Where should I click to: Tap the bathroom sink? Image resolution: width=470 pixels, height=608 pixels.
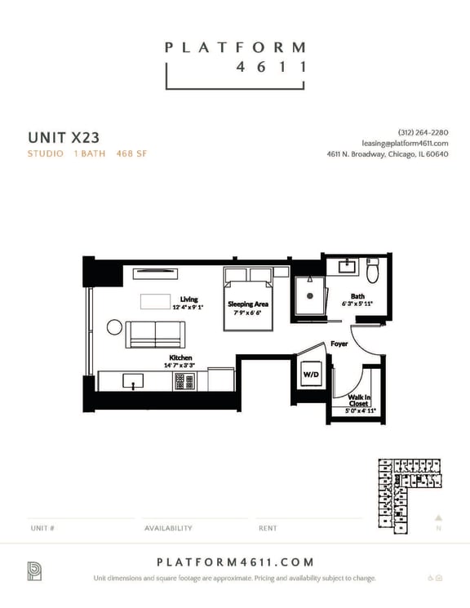[346, 266]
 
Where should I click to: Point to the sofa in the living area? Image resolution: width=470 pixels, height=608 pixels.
[157, 332]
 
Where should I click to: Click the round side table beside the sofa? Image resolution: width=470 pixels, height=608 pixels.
[114, 327]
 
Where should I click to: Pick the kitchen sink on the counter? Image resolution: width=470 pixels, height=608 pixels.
[132, 381]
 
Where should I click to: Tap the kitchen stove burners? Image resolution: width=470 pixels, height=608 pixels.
[184, 381]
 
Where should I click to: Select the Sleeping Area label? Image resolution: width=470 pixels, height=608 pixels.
[248, 304]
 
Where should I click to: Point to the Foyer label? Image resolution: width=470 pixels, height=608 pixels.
[339, 344]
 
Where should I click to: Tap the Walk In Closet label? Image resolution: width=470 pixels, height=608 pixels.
[359, 400]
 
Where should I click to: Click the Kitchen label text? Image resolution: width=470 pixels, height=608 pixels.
[180, 357]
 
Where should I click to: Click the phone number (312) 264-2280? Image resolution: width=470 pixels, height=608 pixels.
[423, 133]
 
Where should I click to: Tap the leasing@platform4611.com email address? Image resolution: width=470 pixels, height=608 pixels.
[404, 144]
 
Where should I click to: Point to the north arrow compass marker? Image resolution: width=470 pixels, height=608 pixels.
[438, 517]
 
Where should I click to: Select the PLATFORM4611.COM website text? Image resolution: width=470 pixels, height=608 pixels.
[234, 562]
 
